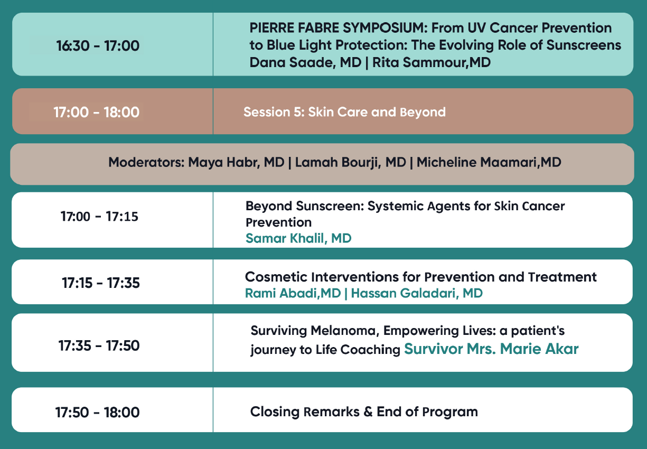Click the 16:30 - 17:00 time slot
98,45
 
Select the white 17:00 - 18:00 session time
97,112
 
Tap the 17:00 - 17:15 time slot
99,217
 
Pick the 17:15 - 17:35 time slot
101,283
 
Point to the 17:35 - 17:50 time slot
99,345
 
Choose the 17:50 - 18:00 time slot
97,413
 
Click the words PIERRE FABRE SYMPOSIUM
338,28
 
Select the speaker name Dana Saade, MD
305,63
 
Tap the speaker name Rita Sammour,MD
432,62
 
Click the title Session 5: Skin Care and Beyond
344,112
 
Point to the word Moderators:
146,162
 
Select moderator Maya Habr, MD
236,162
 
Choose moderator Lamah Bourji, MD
351,162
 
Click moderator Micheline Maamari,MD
489,162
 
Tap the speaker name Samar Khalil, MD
298,238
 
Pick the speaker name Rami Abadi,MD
293,293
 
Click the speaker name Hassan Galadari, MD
417,293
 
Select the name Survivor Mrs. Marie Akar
491,349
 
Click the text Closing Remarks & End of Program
364,411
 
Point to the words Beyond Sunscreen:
304,207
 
